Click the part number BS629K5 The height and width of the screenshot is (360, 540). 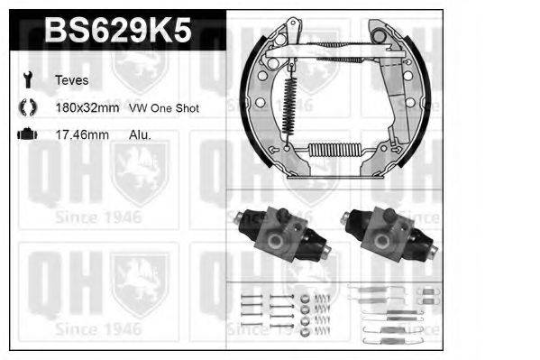point(117,32)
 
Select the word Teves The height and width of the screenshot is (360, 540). point(70,79)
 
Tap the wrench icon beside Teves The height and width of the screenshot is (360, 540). point(26,79)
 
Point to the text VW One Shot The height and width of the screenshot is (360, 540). point(164,107)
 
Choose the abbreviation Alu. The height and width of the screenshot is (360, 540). point(140,134)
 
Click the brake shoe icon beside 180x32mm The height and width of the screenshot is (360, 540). point(26,107)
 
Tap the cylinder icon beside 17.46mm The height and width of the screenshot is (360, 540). point(26,134)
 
